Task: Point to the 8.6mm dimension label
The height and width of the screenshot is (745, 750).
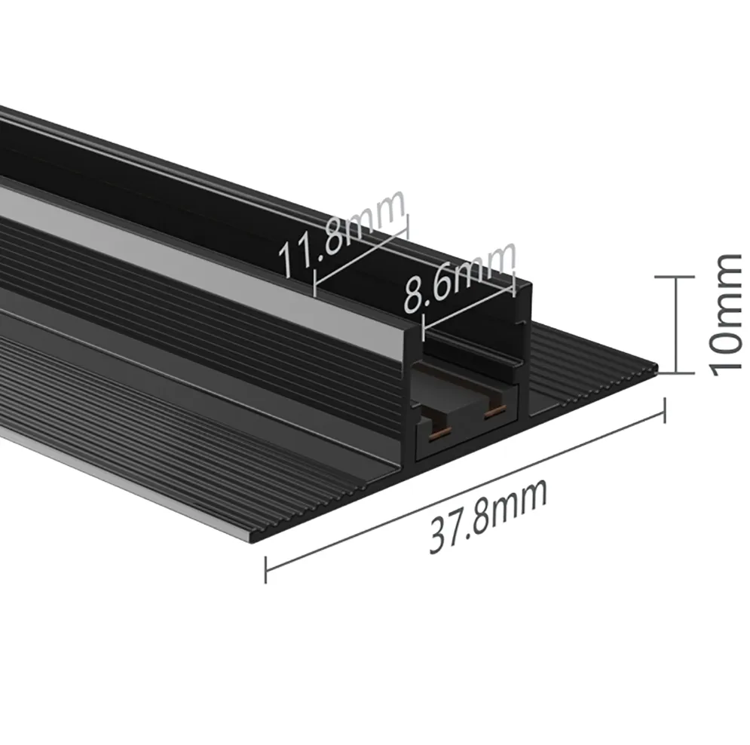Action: (x=460, y=278)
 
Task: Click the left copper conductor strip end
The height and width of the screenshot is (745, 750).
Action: (x=436, y=434)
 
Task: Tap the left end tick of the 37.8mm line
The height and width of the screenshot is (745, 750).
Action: (x=265, y=569)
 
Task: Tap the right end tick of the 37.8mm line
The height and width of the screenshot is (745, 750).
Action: (x=664, y=409)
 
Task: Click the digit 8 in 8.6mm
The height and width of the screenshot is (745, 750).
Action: (x=413, y=296)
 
